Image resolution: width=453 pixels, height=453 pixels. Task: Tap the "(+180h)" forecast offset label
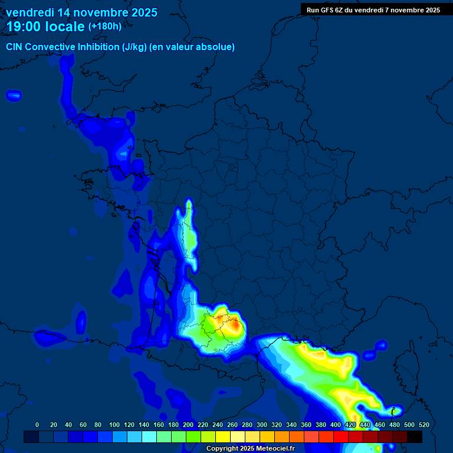(x=105, y=27)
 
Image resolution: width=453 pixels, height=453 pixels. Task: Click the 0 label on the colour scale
(x=37, y=425)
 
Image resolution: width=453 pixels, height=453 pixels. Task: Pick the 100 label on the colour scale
(x=114, y=425)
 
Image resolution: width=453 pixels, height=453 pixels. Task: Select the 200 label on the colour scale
(x=188, y=425)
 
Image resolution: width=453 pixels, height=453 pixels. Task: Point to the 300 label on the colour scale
(x=261, y=425)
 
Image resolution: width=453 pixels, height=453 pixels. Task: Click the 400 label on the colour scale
(x=335, y=425)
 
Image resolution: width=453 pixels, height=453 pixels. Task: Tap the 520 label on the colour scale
(x=424, y=425)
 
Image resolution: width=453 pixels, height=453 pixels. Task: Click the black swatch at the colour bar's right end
(x=415, y=437)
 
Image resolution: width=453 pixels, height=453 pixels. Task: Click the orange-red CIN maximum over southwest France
(x=235, y=324)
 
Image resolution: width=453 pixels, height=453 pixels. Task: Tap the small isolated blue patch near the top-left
(x=14, y=94)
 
